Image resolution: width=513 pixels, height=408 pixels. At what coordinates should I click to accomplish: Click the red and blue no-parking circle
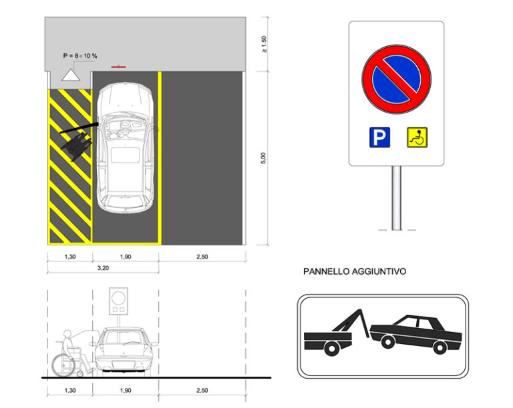tap(396, 79)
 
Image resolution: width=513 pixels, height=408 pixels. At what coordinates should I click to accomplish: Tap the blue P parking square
tap(379, 138)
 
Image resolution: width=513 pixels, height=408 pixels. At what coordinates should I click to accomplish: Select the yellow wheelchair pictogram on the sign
tap(417, 138)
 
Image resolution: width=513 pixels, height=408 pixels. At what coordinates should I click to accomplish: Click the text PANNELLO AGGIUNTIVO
tap(354, 272)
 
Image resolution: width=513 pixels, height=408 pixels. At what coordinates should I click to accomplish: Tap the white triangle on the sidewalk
tap(70, 75)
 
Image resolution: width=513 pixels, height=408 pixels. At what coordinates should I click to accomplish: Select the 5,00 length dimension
tap(263, 157)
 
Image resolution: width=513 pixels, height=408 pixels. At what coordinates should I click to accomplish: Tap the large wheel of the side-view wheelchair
tap(64, 363)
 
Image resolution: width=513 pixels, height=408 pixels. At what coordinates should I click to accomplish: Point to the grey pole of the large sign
tap(396, 197)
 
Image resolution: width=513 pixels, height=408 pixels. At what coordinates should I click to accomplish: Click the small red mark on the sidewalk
tap(118, 67)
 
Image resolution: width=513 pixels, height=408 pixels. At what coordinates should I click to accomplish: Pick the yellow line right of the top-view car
tap(160, 157)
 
